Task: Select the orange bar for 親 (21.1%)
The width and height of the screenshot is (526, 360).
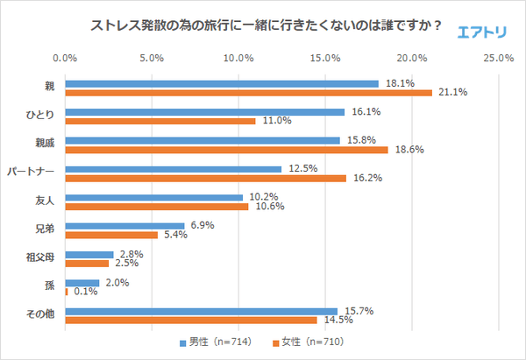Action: tap(248, 92)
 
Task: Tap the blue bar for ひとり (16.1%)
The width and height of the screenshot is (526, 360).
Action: tap(204, 112)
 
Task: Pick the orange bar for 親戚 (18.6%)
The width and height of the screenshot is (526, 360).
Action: tap(226, 150)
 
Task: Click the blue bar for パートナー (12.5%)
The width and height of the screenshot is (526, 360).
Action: tap(173, 169)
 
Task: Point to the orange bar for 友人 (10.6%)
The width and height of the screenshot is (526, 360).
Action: tap(157, 207)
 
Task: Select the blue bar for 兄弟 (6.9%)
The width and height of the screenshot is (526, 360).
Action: tap(124, 226)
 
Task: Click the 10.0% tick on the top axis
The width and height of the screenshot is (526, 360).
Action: tap(238, 59)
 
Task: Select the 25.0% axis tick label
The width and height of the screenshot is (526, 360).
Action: tap(499, 59)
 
